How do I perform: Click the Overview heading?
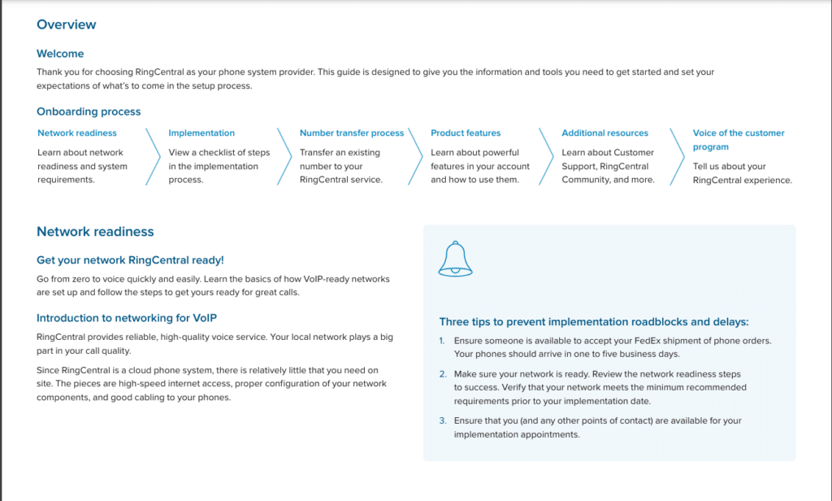pos(67,24)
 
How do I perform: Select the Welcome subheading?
pos(60,54)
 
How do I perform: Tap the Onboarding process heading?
pos(89,111)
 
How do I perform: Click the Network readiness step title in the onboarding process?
pos(77,133)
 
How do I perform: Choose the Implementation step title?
pos(201,133)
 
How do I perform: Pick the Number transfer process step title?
pos(352,133)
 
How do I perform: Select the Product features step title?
pos(466,133)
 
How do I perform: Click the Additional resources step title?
pos(605,133)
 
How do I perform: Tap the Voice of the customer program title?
pos(739,139)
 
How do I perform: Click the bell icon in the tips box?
pos(455,259)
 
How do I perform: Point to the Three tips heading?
pos(594,322)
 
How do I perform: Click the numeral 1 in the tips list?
pos(442,340)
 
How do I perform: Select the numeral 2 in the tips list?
pos(443,373)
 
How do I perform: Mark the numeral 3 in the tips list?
pos(443,420)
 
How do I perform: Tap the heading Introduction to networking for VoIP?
pos(127,318)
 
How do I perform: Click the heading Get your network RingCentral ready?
pos(130,260)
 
